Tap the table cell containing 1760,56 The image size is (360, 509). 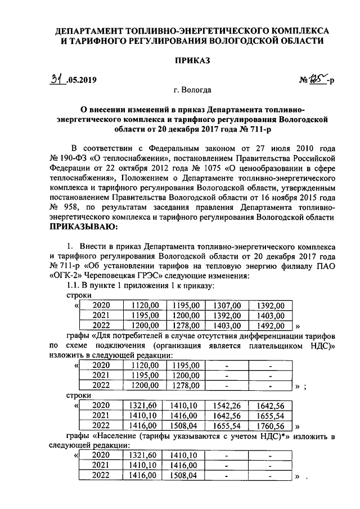(270, 425)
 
